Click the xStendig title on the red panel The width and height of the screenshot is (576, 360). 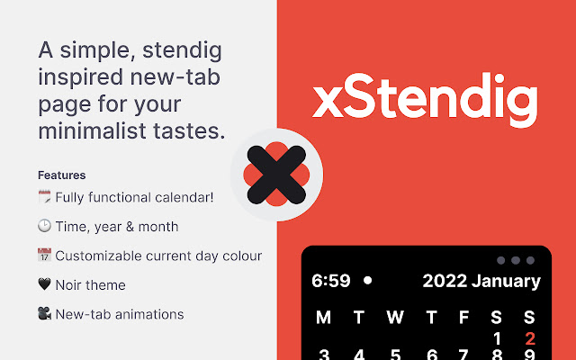[x=425, y=101]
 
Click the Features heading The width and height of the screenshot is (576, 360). [x=61, y=175]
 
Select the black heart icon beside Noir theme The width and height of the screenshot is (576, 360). [x=44, y=285]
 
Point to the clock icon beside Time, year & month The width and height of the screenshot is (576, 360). [x=44, y=227]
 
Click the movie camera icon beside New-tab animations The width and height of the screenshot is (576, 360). [x=44, y=314]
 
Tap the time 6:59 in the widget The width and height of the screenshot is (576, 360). [x=330, y=281]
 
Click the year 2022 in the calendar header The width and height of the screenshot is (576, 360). [x=445, y=281]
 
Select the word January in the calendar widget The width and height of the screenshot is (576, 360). [x=507, y=281]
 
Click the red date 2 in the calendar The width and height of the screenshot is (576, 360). [x=530, y=339]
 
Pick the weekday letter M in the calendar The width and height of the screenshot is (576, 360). [x=324, y=317]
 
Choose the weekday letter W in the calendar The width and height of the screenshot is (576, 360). [x=394, y=317]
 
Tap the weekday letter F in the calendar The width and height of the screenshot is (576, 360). [x=463, y=317]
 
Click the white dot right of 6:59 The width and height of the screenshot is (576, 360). [x=367, y=281]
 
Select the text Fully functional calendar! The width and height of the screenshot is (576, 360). [x=134, y=197]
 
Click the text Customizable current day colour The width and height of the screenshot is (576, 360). [x=158, y=256]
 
